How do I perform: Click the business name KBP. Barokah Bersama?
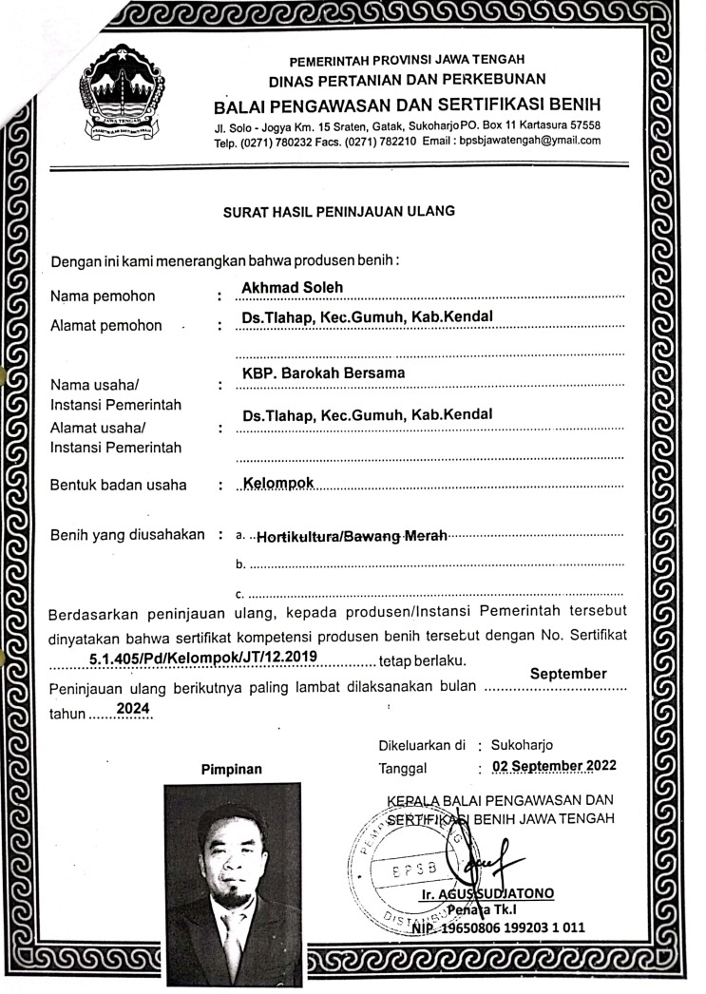323,373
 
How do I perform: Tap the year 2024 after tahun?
134,708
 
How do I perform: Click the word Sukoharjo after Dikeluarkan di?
522,745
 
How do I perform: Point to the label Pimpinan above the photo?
231,769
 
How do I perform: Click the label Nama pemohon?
103,296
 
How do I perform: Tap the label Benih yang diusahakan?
127,534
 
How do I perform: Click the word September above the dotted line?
568,674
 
